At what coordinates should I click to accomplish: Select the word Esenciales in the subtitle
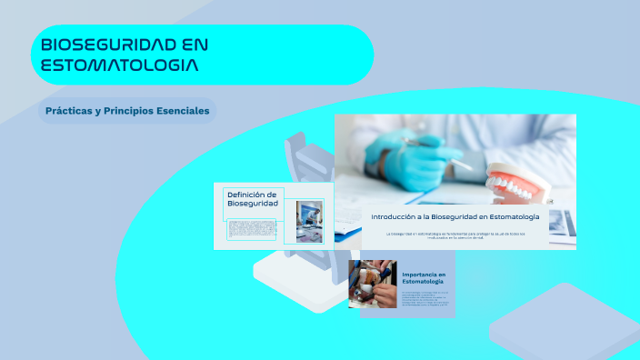[181, 111]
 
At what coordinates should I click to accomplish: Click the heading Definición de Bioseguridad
[252, 198]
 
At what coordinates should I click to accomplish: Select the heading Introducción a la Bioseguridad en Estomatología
[455, 216]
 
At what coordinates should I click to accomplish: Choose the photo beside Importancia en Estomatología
[373, 285]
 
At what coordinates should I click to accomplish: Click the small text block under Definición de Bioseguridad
[253, 229]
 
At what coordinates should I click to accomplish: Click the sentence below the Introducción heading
[455, 235]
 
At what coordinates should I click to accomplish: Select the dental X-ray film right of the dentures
[563, 220]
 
